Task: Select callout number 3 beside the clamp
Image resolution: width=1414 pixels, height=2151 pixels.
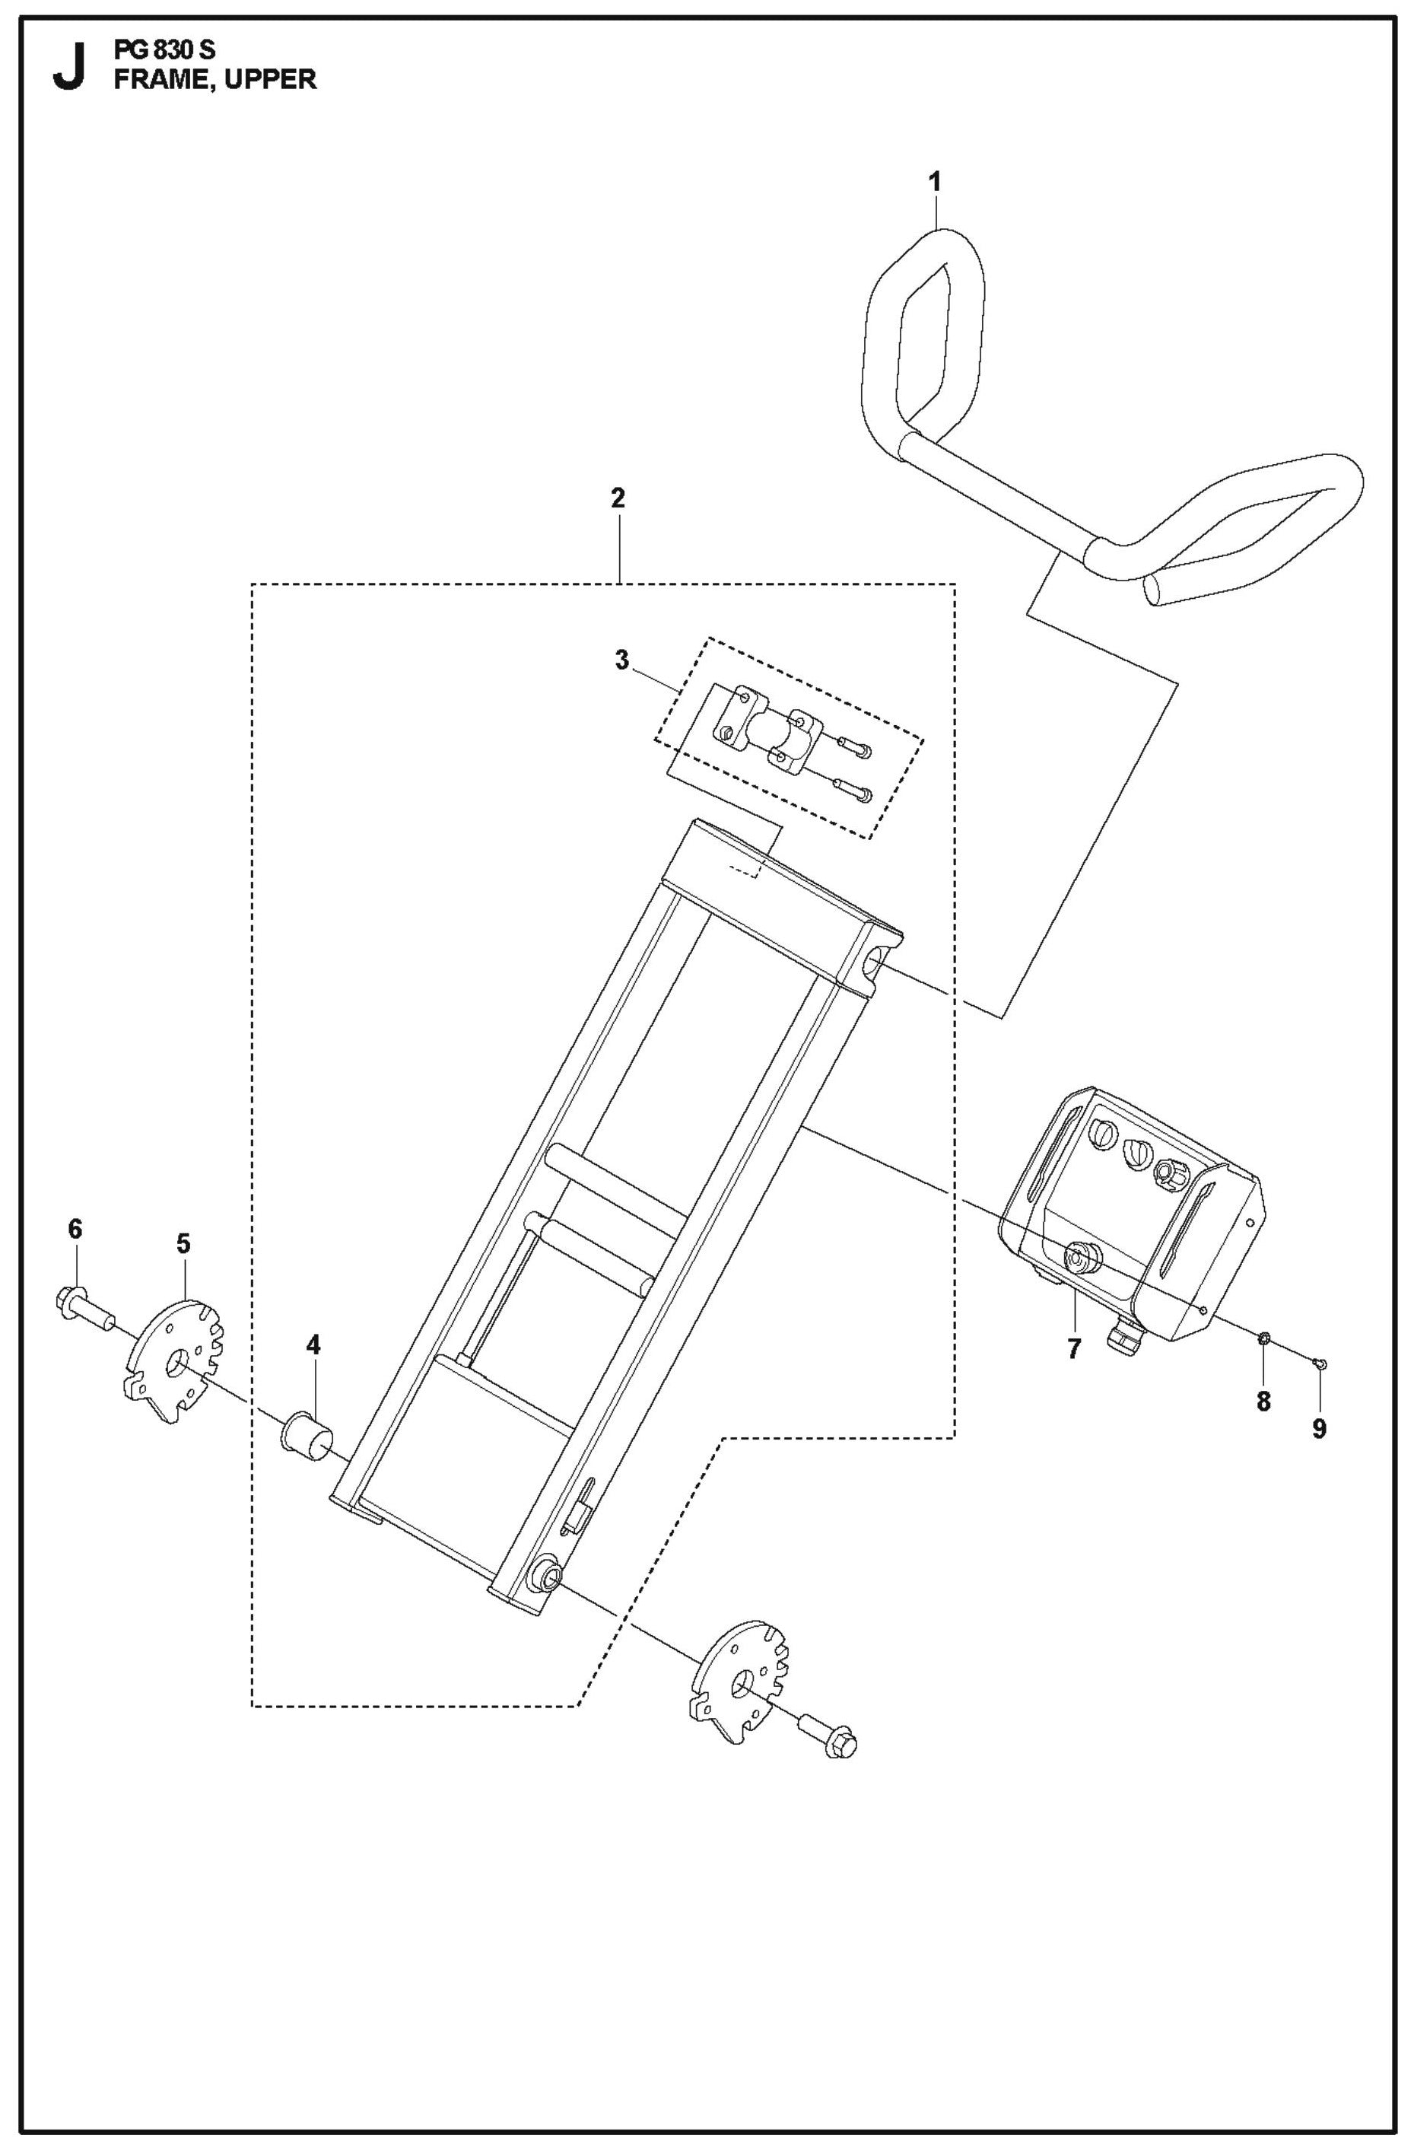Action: (621, 660)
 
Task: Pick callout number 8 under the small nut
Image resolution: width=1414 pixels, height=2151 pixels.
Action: (1263, 1402)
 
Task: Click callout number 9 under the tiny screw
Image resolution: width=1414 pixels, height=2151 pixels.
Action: (1319, 1430)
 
